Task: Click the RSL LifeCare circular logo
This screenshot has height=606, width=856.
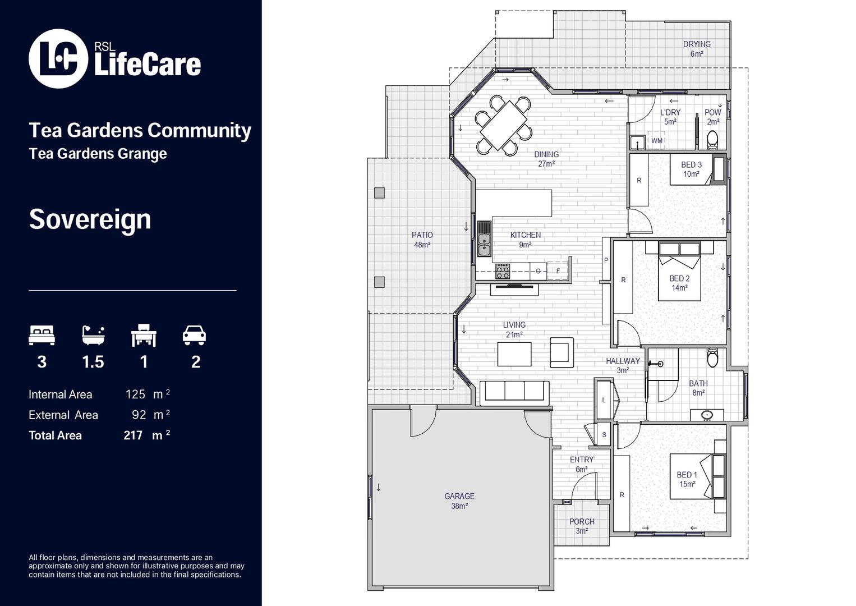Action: click(58, 58)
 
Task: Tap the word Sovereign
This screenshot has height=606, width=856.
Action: click(90, 219)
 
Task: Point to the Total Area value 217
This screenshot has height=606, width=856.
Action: click(133, 435)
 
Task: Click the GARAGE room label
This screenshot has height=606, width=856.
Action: click(459, 497)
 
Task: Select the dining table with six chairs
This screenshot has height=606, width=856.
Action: click(504, 125)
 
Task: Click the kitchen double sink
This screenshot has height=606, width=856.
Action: click(484, 239)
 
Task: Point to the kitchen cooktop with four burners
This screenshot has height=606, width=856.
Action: click(503, 272)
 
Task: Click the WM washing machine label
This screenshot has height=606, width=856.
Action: click(657, 141)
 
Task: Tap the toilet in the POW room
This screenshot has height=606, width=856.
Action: click(712, 138)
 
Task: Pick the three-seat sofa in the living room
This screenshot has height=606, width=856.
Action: click(514, 391)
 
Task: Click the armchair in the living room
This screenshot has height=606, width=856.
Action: click(562, 352)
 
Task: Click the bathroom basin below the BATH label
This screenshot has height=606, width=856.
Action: click(708, 415)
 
